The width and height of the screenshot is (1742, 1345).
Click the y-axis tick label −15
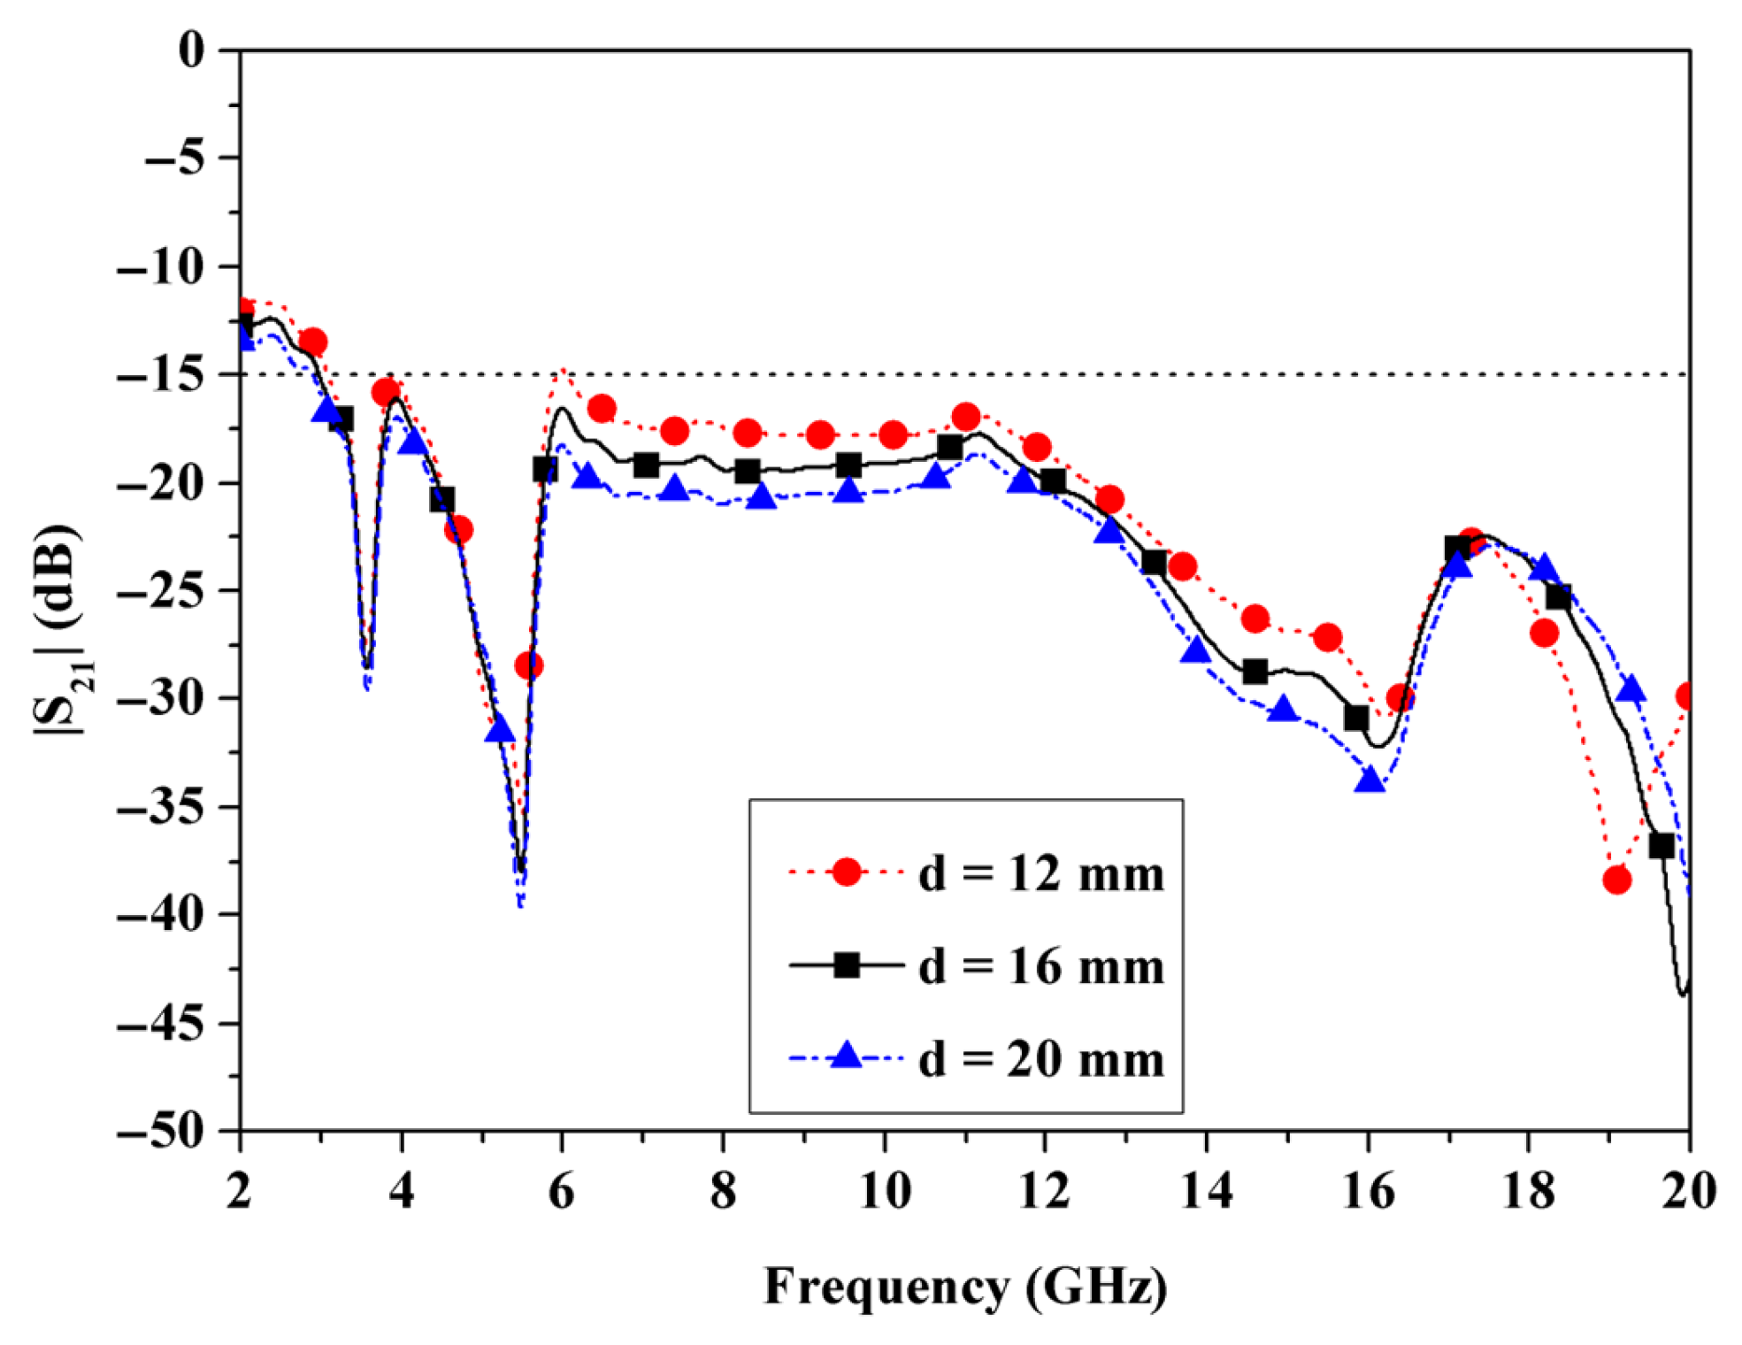161,375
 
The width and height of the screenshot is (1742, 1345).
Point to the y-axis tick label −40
161,915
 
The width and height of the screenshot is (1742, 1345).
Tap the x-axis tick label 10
884,1191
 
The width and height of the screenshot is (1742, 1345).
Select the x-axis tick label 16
1368,1191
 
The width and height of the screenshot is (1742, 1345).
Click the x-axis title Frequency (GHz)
965,1287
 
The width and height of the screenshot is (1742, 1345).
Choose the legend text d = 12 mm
1041,874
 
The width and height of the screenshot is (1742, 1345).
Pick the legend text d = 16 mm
1041,966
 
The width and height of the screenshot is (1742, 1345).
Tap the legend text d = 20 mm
1041,1059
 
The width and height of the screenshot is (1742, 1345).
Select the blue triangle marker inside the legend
847,1056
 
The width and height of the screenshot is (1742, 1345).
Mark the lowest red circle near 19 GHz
1616,880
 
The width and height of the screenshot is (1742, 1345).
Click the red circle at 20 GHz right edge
1686,696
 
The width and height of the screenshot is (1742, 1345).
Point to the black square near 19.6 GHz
1661,846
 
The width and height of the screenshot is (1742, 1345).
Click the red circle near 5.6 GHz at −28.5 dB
528,665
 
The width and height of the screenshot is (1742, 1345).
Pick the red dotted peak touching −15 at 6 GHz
562,371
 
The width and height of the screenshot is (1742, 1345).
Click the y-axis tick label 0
190,50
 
